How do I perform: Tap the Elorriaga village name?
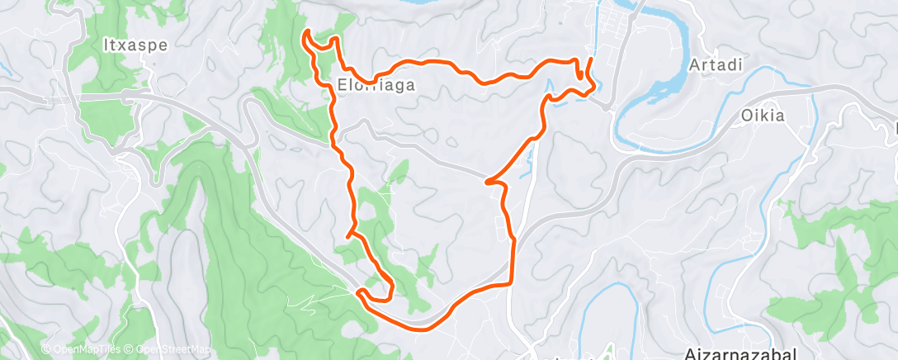pos(376,84)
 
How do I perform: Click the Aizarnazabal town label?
pos(740,353)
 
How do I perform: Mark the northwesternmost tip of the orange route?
pos(306,32)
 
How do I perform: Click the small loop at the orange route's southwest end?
pos(376,294)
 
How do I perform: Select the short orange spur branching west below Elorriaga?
pos(350,235)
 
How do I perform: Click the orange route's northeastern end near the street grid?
pos(591,60)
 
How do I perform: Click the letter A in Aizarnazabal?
pos(690,353)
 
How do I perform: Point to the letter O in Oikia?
pos(745,116)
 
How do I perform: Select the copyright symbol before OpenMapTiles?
pos(46,350)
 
